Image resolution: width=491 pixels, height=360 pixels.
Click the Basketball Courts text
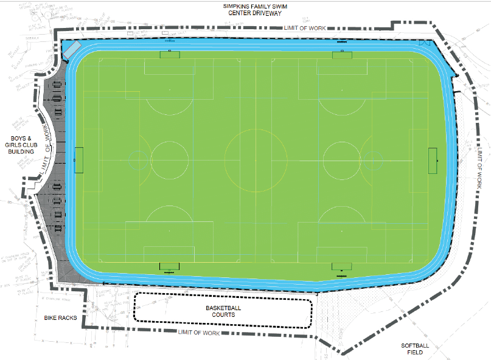[x=223, y=311]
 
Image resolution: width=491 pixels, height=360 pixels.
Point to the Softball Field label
[x=415, y=350]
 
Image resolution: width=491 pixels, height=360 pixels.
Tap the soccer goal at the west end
[x=78, y=160]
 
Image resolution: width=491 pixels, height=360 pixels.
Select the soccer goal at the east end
[x=433, y=160]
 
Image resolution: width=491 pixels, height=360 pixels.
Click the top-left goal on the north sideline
[x=170, y=55]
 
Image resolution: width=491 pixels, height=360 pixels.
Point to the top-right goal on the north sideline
[x=342, y=55]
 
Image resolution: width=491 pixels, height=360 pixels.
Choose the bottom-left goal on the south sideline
[x=170, y=266]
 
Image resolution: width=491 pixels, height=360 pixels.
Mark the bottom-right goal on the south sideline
[x=341, y=266]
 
